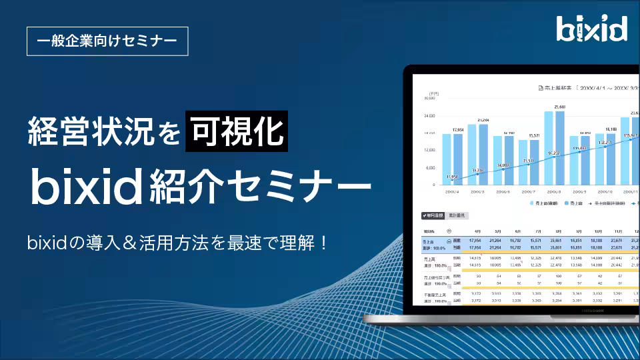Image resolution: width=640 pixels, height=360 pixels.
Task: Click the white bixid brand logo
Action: pyautogui.click(x=592, y=29)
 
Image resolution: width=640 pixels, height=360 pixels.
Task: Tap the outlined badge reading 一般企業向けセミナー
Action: pyautogui.click(x=107, y=41)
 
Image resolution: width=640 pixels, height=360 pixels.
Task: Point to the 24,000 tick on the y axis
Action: pyautogui.click(x=428, y=115)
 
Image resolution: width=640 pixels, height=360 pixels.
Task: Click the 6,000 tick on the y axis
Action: pyautogui.click(x=429, y=167)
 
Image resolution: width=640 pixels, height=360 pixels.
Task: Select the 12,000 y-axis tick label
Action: pyautogui.click(x=428, y=150)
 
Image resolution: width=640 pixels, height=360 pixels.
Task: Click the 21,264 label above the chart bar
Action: pyautogui.click(x=482, y=120)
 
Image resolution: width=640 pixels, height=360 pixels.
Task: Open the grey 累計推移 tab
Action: pyautogui.click(x=458, y=215)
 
